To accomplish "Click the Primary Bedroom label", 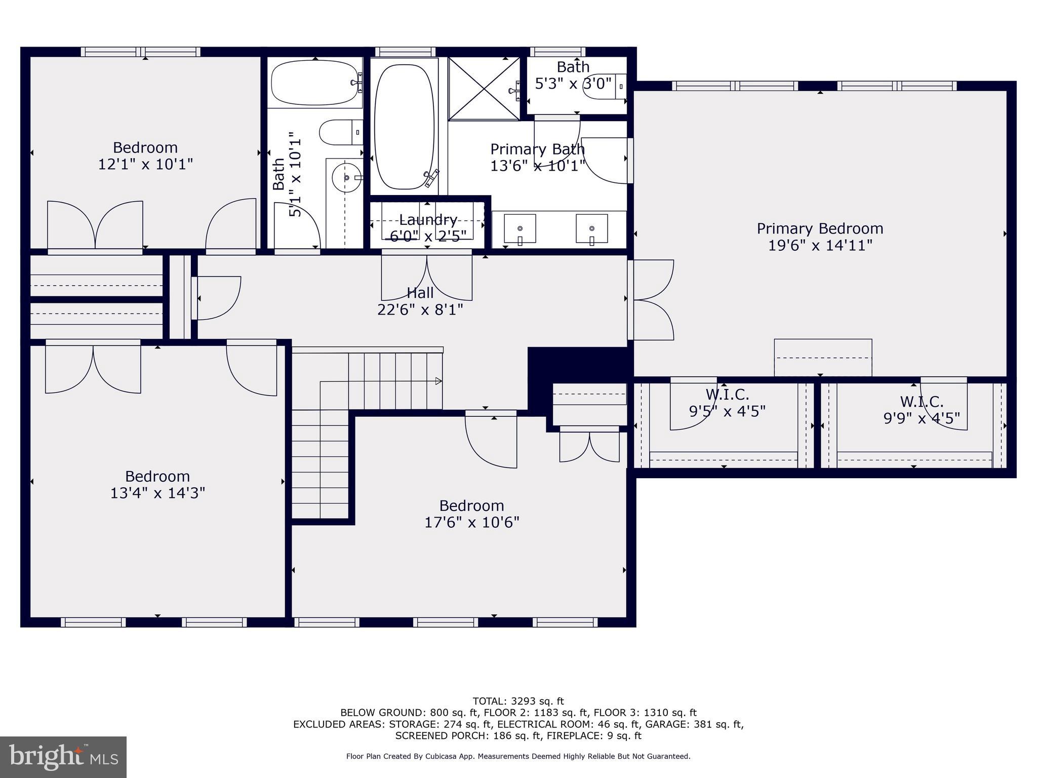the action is (x=820, y=228).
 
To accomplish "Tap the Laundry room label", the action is (x=428, y=220).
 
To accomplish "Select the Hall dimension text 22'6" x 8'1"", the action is (x=420, y=309).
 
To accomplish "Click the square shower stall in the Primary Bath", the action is (x=485, y=89).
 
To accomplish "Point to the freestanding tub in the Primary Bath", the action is (x=404, y=127).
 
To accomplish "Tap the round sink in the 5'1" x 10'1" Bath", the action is (x=347, y=178).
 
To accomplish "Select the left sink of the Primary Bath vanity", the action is (x=520, y=229).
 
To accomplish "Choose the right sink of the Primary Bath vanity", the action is (x=592, y=229).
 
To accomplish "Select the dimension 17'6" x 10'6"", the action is (x=472, y=522).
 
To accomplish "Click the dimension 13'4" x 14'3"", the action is (x=157, y=493).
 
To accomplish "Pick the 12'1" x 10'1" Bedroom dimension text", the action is (x=145, y=164).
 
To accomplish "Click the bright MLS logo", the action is (x=63, y=757).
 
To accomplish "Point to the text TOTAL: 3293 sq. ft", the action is (x=518, y=702).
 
